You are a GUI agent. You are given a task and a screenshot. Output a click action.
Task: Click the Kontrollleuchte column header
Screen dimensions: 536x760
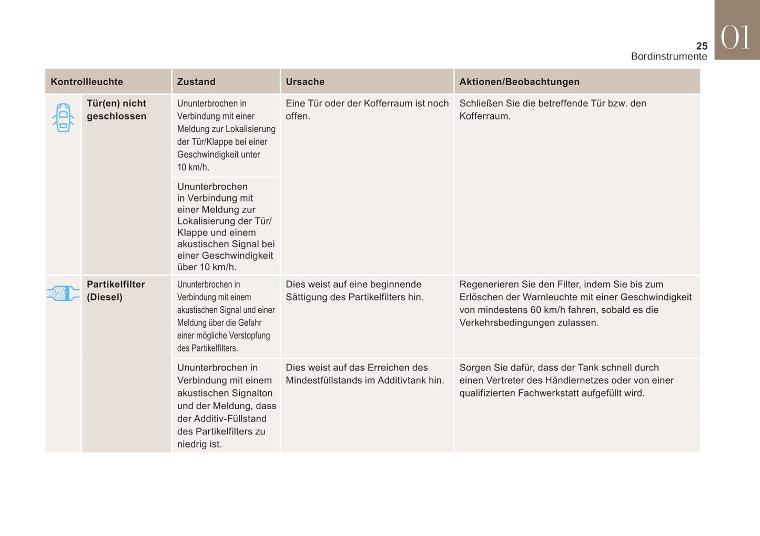point(87,82)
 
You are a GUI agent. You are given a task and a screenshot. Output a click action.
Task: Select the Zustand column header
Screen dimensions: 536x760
point(196,82)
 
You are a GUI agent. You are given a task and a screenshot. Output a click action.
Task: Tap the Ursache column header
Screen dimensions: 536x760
point(305,82)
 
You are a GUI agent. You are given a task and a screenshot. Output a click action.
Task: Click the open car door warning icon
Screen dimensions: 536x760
point(63,117)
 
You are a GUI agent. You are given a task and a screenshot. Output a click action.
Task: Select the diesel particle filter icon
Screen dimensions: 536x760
point(63,294)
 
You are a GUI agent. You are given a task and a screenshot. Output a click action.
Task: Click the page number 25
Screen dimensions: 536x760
point(702,46)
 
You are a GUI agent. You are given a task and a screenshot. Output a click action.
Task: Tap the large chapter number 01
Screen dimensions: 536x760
point(736,38)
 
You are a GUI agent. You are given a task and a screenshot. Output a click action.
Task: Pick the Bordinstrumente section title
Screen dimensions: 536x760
point(669,56)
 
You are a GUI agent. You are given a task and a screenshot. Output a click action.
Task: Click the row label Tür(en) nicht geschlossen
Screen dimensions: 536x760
point(116,109)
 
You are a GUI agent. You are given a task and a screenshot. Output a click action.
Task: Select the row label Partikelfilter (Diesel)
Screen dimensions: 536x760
point(116,290)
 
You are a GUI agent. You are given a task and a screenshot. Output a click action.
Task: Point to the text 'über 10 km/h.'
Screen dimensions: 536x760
point(207,267)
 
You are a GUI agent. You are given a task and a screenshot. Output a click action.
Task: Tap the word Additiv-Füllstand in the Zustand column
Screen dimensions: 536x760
point(230,419)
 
